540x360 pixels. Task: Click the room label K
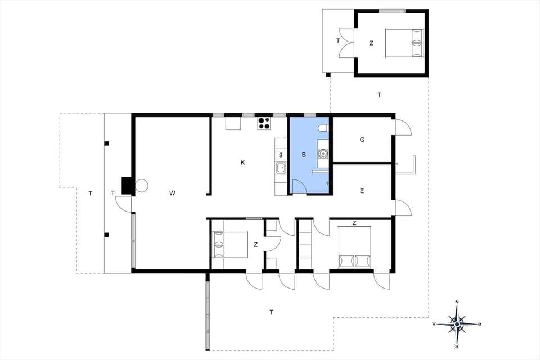click(x=243, y=163)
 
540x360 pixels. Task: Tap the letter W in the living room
click(x=173, y=193)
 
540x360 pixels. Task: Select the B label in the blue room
click(x=304, y=154)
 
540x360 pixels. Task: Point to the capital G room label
click(x=362, y=139)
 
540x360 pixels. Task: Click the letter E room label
click(x=362, y=191)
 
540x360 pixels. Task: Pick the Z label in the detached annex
click(x=371, y=43)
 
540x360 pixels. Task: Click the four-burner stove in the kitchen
click(x=264, y=123)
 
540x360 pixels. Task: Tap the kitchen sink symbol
click(x=280, y=167)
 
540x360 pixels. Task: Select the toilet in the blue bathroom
click(x=323, y=129)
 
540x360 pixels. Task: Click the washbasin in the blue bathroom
click(x=323, y=152)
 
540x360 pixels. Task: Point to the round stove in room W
click(x=141, y=185)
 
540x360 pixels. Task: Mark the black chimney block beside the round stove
click(x=127, y=186)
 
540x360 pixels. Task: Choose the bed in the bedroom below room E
click(x=354, y=247)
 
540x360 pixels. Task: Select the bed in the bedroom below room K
click(x=229, y=244)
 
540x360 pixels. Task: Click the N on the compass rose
click(x=457, y=303)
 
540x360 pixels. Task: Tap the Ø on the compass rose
click(x=480, y=324)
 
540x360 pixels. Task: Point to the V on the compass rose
click(x=434, y=324)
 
